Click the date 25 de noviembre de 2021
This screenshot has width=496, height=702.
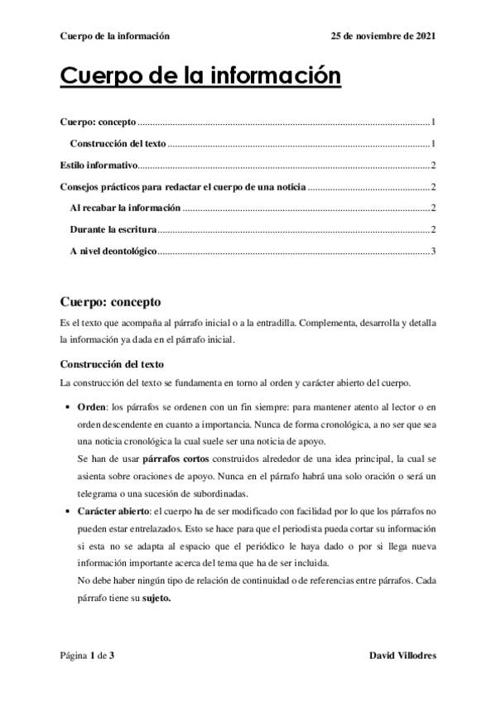[x=383, y=36]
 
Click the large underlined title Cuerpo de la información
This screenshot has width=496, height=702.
[x=200, y=78]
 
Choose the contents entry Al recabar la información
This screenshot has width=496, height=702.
[x=124, y=208]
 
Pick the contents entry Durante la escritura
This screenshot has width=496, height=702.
[x=113, y=229]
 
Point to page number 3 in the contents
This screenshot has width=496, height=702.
[x=433, y=251]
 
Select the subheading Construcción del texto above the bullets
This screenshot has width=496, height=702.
[x=112, y=364]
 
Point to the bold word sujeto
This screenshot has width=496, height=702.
[x=156, y=599]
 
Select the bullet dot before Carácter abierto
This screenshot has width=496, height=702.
[x=65, y=512]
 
